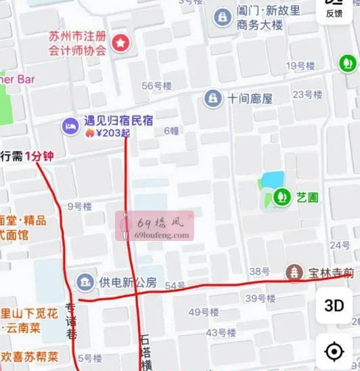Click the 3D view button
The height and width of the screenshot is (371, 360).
[x=334, y=305]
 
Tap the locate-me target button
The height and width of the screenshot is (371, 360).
[x=334, y=352]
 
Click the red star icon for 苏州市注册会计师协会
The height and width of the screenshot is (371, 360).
[x=120, y=43]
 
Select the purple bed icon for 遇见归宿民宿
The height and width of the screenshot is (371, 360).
[x=70, y=125]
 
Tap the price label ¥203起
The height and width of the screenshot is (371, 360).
[x=112, y=133]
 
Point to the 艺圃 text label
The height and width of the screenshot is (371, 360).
[x=307, y=197]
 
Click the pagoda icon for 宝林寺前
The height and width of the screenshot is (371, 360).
[x=294, y=273]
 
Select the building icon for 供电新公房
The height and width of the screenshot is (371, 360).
[x=85, y=282]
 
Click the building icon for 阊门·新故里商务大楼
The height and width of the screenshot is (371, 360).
[x=221, y=18]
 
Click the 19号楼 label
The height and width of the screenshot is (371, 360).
[x=301, y=66]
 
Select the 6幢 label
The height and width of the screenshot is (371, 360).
[x=172, y=131]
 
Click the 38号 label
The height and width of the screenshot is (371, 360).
[x=259, y=271]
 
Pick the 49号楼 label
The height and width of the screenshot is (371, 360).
[x=203, y=312]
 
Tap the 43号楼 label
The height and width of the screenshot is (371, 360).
[x=220, y=332]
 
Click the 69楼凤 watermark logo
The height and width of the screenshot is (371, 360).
[x=155, y=226]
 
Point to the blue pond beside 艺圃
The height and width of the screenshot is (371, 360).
[x=272, y=180]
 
